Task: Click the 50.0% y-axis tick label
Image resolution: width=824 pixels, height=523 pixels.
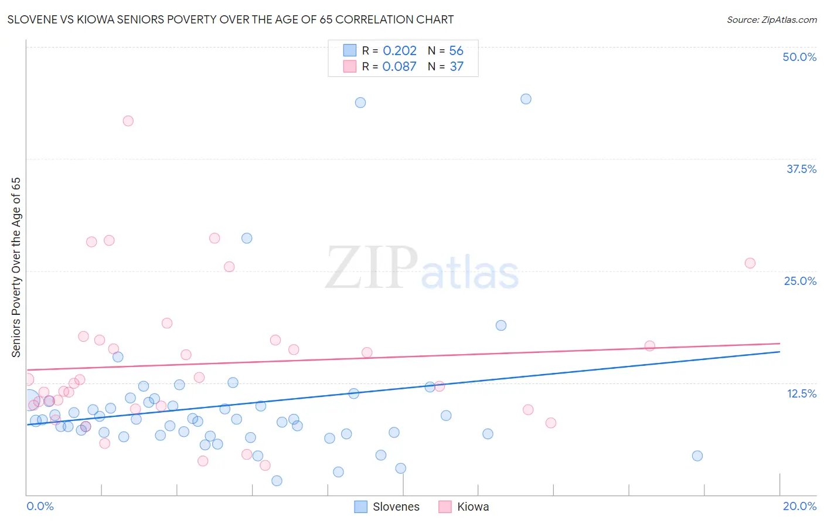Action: tap(799, 57)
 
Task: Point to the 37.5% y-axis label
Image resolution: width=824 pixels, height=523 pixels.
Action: tap(801, 169)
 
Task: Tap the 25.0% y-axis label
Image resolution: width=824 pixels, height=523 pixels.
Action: tap(800, 281)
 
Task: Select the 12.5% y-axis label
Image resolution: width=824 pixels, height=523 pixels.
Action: tap(801, 393)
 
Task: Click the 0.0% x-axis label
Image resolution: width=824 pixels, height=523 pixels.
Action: tap(40, 506)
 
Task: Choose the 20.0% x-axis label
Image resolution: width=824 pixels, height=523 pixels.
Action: tap(799, 506)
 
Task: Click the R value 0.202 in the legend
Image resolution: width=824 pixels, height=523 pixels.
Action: tap(400, 51)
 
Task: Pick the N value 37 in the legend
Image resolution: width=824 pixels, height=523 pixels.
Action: tap(457, 67)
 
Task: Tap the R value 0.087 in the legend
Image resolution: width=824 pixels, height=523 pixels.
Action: tap(399, 67)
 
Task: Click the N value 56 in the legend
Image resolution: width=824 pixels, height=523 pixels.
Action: tap(456, 51)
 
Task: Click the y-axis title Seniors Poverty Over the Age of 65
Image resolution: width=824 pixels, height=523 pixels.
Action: tap(16, 267)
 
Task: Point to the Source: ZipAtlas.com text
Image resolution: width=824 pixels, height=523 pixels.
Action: tap(771, 20)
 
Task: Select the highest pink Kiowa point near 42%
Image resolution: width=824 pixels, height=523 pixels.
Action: tap(128, 121)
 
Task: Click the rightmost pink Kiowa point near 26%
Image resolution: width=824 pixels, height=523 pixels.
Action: tap(750, 263)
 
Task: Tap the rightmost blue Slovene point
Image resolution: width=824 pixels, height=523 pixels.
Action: tap(697, 456)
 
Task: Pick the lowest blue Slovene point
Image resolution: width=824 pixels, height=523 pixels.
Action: tap(277, 481)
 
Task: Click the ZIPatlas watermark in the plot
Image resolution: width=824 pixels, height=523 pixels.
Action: tap(422, 269)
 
